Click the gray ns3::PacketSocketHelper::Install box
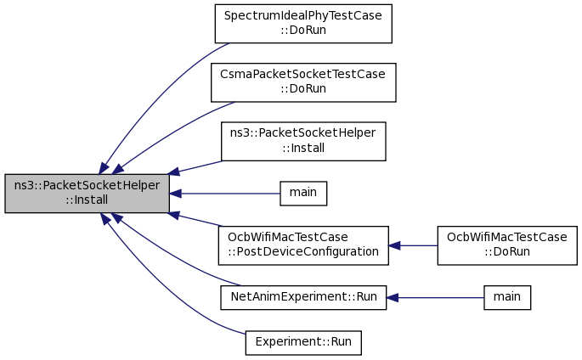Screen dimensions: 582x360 [x=87, y=194]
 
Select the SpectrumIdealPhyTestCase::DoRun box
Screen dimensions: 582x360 [x=303, y=24]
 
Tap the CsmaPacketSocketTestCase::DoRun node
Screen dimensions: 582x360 [x=303, y=82]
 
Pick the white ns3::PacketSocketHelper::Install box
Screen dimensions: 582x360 [x=303, y=141]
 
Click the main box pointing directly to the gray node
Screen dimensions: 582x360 [x=303, y=194]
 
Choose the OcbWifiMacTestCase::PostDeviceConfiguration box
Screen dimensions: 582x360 [x=303, y=245]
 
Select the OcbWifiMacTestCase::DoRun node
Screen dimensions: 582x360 [x=507, y=245]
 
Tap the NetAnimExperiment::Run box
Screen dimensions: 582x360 [x=303, y=297]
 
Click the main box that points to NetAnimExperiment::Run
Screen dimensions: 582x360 [x=507, y=297]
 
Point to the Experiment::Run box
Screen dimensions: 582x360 [x=303, y=342]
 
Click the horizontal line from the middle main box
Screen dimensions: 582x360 [x=224, y=194]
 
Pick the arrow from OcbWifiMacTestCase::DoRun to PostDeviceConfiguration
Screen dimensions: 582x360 [x=413, y=245]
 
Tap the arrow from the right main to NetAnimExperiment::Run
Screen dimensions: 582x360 [x=435, y=298]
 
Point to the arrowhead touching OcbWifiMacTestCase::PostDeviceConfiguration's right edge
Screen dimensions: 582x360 [x=394, y=245]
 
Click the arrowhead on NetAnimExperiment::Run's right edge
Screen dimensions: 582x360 [x=392, y=298]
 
